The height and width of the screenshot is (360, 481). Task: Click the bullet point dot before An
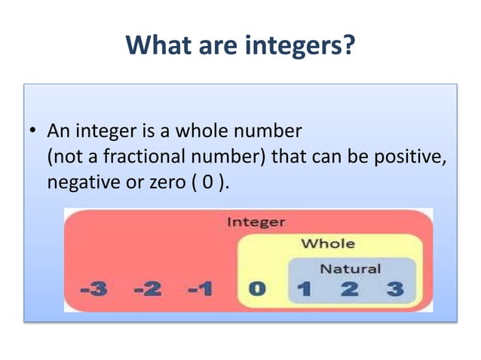tap(33, 133)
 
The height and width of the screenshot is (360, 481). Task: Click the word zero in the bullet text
tap(163, 182)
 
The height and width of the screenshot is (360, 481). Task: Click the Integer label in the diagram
tap(256, 222)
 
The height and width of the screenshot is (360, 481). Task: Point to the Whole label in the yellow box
tap(328, 243)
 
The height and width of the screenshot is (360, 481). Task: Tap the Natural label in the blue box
tap(351, 268)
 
